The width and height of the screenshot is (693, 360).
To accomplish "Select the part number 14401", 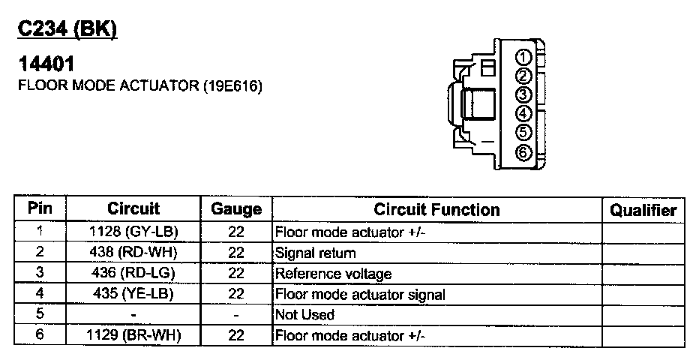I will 45,67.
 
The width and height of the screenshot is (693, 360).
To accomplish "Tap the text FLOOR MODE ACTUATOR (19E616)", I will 139,86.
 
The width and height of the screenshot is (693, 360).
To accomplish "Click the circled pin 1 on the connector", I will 524,58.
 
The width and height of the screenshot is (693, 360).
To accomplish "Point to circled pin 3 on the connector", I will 524,95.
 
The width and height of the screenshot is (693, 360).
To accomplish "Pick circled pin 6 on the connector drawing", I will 524,152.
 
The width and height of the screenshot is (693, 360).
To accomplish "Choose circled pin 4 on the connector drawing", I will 524,114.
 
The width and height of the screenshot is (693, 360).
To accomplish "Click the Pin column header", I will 40,209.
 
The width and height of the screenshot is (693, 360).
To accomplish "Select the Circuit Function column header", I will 436,210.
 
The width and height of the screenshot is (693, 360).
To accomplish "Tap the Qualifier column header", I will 643,211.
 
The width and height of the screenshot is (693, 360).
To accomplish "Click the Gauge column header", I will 236,210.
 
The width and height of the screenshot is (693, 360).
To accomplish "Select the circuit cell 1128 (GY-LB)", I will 133,232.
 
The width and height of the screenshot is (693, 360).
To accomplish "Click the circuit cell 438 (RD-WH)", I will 133,253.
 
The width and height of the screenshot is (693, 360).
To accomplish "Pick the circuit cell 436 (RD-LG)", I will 133,274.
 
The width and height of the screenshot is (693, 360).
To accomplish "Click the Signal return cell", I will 316,253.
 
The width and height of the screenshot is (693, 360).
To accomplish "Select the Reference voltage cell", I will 334,274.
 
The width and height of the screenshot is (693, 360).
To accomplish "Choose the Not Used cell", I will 305,315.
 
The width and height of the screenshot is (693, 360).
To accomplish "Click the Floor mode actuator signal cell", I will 360,295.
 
